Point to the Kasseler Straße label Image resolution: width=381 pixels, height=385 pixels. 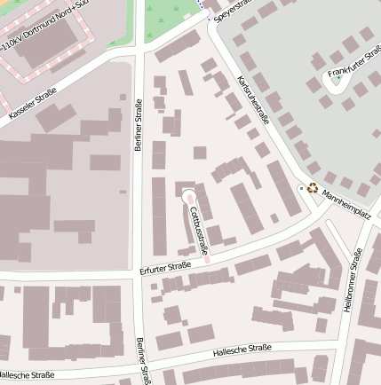[32, 103]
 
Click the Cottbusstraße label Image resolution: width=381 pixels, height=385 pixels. [198, 229]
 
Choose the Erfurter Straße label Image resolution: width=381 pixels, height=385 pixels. [166, 265]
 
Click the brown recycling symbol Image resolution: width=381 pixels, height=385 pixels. [313, 188]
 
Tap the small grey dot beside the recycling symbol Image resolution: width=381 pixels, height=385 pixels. [301, 188]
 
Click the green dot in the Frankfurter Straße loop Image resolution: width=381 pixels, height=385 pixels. [338, 80]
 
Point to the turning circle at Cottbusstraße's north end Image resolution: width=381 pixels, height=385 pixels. [187, 195]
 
